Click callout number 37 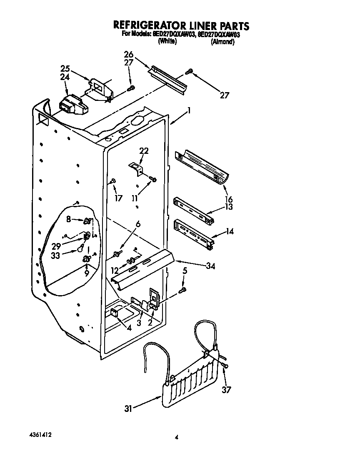[226, 390]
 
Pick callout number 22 [144, 150]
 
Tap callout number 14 [229, 230]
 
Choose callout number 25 [64, 68]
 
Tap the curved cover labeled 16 [202, 167]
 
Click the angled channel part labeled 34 [144, 267]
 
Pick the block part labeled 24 [74, 105]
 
